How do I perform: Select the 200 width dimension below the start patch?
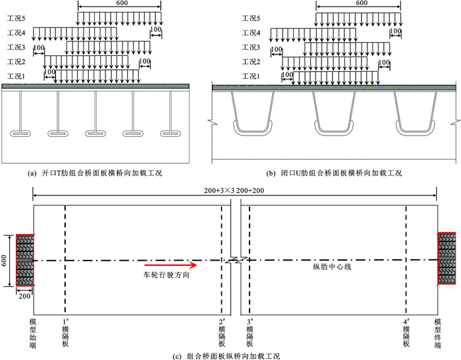(25, 296)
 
